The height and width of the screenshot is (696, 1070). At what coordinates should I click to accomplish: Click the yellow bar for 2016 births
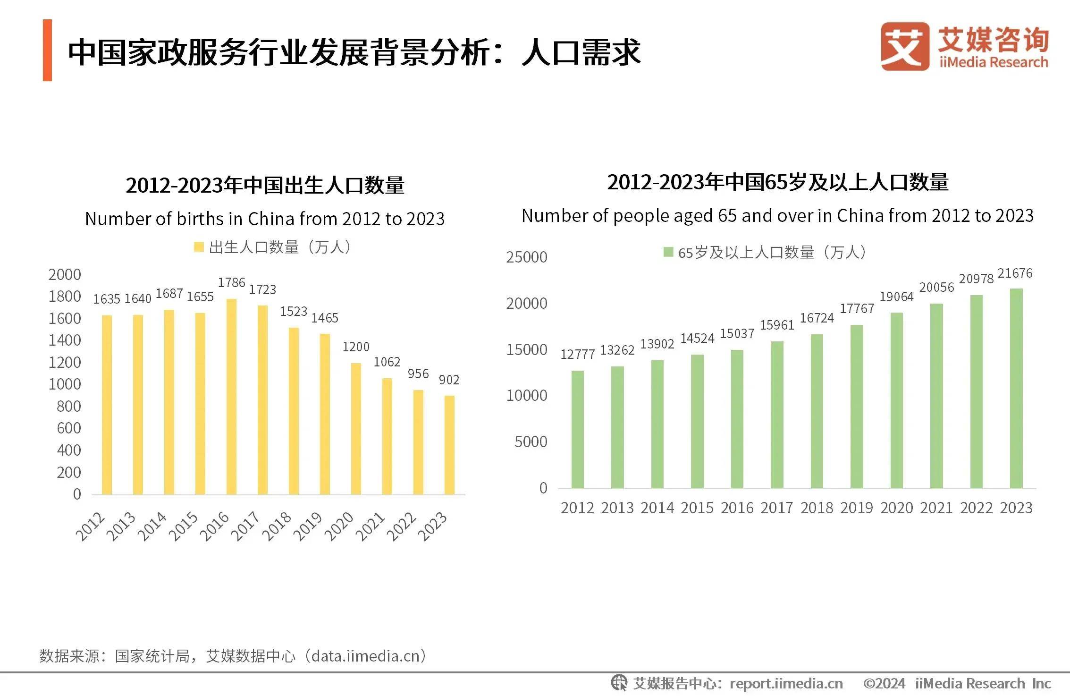pyautogui.click(x=231, y=397)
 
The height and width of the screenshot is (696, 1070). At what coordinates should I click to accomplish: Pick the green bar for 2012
pyautogui.click(x=577, y=429)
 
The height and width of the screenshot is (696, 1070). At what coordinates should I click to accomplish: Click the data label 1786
pyautogui.click(x=231, y=282)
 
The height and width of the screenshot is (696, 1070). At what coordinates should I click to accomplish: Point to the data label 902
pyautogui.click(x=449, y=380)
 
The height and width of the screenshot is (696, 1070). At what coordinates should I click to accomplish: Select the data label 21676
pyautogui.click(x=1015, y=273)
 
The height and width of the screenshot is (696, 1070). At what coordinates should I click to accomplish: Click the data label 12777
pyautogui.click(x=577, y=354)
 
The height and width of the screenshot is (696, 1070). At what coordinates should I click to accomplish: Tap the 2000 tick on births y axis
pyautogui.click(x=65, y=274)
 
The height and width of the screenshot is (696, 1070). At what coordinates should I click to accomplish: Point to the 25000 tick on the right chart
pyautogui.click(x=526, y=257)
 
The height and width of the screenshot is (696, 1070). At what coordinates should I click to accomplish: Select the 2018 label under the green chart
pyautogui.click(x=817, y=508)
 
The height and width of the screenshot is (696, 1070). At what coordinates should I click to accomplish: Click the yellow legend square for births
pyautogui.click(x=199, y=247)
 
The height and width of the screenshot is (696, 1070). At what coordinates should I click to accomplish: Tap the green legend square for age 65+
pyautogui.click(x=668, y=252)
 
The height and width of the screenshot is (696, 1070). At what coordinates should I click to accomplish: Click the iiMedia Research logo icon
pyautogui.click(x=904, y=46)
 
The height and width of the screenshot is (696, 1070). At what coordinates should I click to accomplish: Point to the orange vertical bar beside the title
pyautogui.click(x=47, y=50)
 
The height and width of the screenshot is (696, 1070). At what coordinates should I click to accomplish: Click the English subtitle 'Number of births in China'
pyautogui.click(x=264, y=219)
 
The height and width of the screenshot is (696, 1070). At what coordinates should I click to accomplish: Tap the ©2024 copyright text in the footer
pyautogui.click(x=884, y=683)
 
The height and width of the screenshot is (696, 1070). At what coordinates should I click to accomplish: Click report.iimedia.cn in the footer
pyautogui.click(x=786, y=683)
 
